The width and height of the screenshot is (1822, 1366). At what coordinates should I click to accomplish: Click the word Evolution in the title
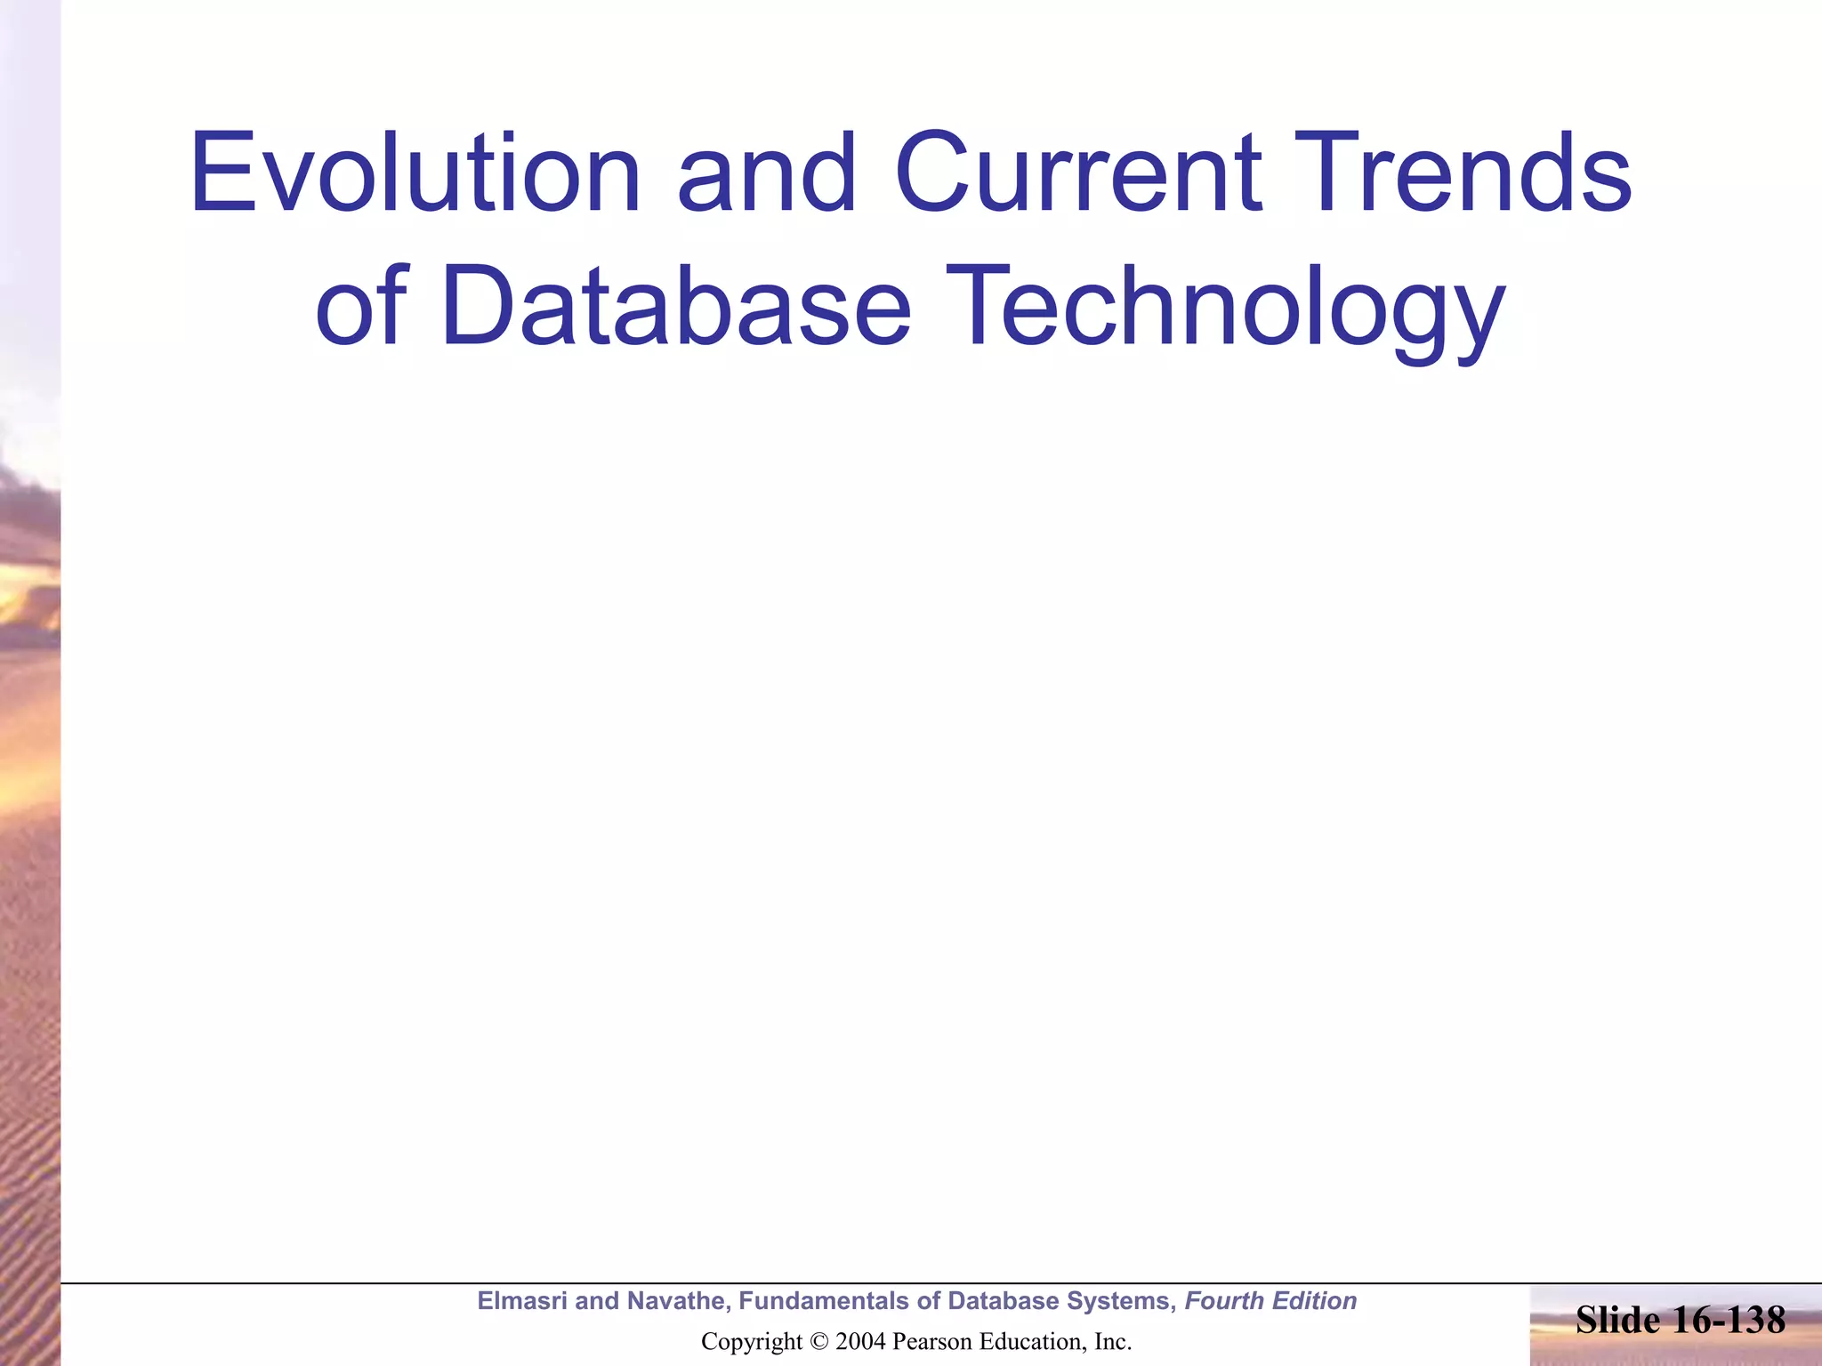click(x=415, y=173)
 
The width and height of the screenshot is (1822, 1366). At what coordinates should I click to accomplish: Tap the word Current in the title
click(x=1078, y=173)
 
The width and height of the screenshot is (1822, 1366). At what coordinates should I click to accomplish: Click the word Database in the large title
click(x=675, y=307)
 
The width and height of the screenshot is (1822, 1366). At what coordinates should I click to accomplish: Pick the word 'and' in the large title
click(x=766, y=173)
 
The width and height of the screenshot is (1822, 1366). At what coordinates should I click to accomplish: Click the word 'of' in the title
click(x=361, y=307)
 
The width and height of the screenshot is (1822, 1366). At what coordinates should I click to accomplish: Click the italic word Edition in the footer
click(x=1315, y=1301)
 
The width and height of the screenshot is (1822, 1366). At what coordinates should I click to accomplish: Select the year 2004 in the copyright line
click(x=860, y=1342)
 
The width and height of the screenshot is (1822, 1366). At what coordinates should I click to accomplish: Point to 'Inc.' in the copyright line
click(x=1113, y=1342)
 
